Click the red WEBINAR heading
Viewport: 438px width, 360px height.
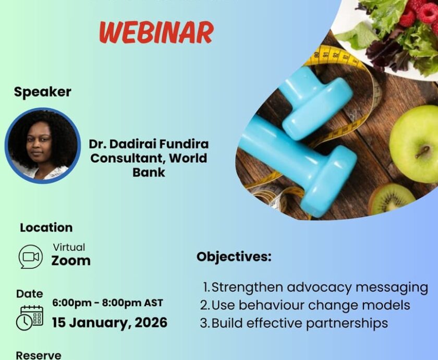tap(156, 32)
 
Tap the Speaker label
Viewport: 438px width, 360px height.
tap(43, 92)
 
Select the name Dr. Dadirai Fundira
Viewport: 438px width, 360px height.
tap(149, 144)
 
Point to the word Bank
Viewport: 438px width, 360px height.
tap(149, 172)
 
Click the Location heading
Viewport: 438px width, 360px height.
tap(46, 227)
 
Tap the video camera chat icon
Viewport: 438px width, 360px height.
tap(31, 257)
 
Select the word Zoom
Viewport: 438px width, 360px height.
tap(71, 261)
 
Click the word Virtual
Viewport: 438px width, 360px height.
tap(69, 247)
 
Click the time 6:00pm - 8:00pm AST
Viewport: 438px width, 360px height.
tap(107, 303)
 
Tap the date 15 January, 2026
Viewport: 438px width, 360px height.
tap(110, 322)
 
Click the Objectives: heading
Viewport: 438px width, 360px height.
tap(234, 257)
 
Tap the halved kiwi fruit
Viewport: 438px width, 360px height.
tap(392, 198)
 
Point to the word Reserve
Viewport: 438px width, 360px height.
tap(38, 355)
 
